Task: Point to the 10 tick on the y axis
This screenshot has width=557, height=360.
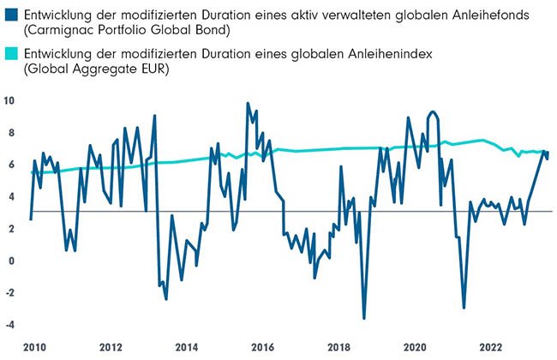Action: [x=9, y=100]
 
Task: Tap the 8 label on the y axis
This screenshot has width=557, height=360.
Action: [x=9, y=133]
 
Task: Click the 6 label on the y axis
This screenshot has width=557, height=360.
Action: [x=9, y=165]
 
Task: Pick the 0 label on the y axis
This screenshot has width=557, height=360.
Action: [x=9, y=261]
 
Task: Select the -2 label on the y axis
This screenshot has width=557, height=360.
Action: [x=9, y=292]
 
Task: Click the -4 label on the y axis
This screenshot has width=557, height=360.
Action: [x=9, y=325]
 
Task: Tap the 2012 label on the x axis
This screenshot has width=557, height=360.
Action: [x=111, y=347]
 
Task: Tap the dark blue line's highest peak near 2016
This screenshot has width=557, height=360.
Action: [x=248, y=104]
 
